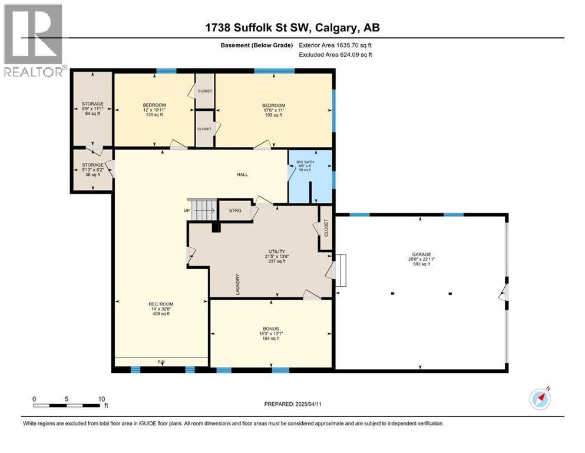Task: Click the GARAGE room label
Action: pos(421,260)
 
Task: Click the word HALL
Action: pos(243,175)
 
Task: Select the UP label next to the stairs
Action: pos(186,210)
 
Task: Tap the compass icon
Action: pos(540,399)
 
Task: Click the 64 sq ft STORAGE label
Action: pos(92,109)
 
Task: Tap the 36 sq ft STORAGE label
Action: pos(92,170)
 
